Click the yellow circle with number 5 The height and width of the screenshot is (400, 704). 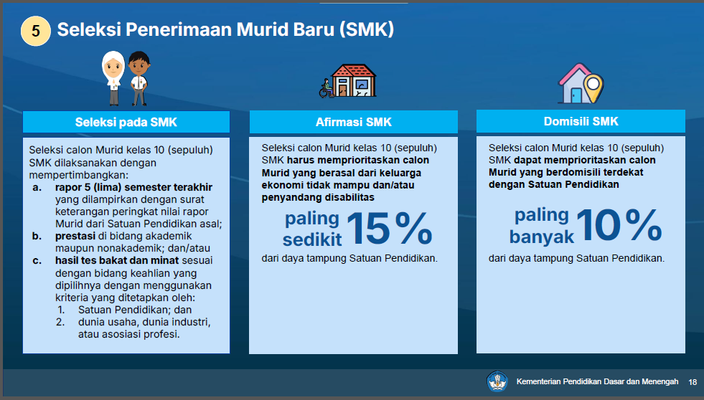[35, 31]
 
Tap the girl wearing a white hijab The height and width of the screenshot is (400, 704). [113, 78]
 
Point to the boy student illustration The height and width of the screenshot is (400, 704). [139, 78]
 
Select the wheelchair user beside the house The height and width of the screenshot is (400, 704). [326, 88]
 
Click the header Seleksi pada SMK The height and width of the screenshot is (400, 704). [126, 122]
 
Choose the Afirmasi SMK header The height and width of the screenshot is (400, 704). [354, 122]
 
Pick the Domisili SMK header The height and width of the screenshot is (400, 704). [581, 121]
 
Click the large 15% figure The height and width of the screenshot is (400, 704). [389, 228]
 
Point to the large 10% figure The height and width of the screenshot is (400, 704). [619, 225]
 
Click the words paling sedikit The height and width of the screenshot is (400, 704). [312, 229]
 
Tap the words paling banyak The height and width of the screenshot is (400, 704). [542, 226]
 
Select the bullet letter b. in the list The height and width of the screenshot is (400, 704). [37, 236]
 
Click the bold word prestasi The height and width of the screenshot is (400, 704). [75, 237]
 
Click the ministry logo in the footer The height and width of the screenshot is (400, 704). [497, 381]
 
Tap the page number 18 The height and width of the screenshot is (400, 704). [693, 382]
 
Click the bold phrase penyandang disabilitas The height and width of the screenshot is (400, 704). [318, 197]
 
